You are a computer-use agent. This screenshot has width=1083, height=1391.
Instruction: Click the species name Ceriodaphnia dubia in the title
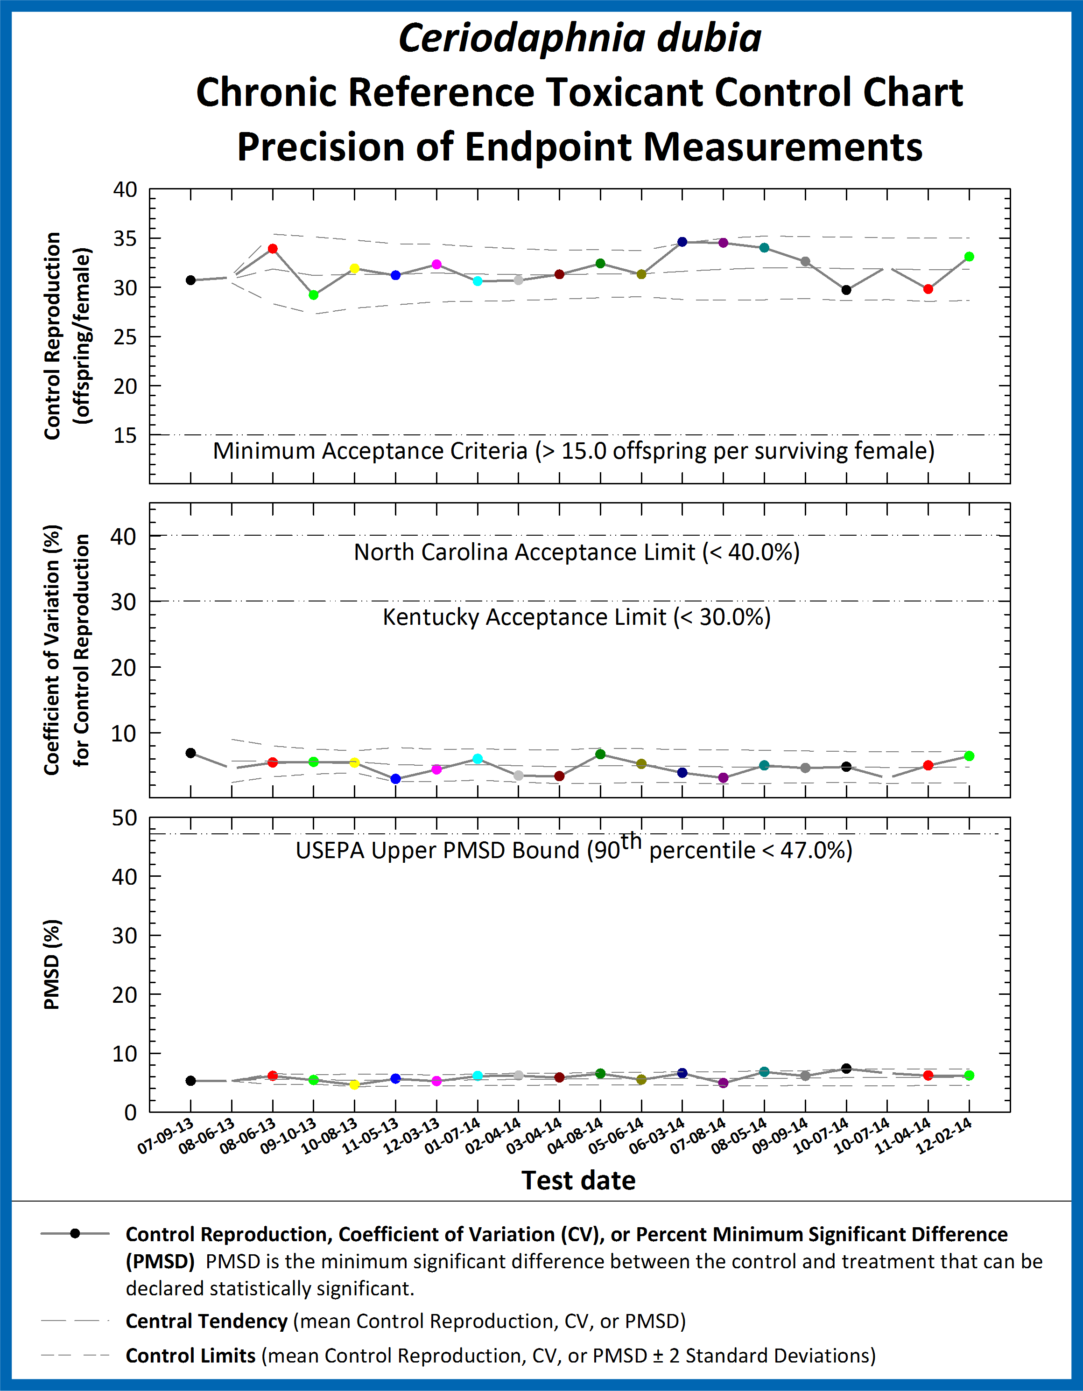pos(580,38)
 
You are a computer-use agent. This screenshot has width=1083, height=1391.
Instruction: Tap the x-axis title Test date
pos(578,1180)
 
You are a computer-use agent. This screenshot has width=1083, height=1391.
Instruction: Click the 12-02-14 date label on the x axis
pos(944,1136)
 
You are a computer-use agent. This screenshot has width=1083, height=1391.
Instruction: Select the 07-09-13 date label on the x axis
pos(166,1136)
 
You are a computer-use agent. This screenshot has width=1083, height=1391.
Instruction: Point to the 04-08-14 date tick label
pos(575,1136)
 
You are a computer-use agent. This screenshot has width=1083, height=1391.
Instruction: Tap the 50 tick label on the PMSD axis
pos(125,818)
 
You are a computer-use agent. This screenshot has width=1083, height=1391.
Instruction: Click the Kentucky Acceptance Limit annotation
pos(577,617)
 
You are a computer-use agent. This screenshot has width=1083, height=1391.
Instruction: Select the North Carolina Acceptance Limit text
pos(577,552)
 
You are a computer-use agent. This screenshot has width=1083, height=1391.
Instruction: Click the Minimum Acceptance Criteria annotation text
pos(573,451)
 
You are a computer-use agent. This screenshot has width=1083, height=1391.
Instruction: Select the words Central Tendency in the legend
pos(206,1321)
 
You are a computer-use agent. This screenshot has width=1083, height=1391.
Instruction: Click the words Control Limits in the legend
pos(190,1356)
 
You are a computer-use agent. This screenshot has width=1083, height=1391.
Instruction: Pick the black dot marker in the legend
pos(75,1234)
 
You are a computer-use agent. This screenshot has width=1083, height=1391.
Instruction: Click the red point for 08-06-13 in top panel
pos(273,248)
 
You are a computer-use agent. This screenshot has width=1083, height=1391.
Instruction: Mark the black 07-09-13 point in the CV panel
pos(190,753)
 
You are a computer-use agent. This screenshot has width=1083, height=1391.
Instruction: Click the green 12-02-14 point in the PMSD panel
pos(969,1076)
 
